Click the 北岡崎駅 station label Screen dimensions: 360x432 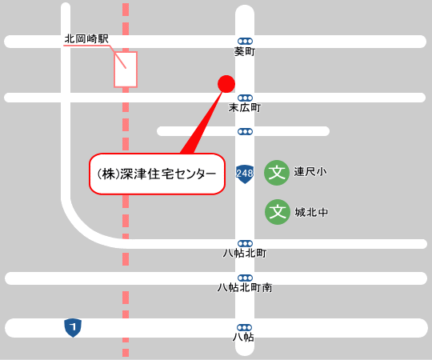[86, 38]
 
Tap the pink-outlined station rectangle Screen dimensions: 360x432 [126, 69]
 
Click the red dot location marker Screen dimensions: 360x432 [226, 83]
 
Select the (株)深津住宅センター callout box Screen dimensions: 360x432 [156, 174]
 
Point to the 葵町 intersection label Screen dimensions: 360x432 [244, 52]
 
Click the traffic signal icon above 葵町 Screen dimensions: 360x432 [245, 41]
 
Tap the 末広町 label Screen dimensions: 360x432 [245, 107]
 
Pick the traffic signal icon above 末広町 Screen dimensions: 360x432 [245, 97]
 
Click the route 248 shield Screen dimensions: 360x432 [245, 174]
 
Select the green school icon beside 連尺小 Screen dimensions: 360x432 [277, 172]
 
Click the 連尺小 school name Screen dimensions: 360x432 [310, 172]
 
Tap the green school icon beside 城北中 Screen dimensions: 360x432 [277, 212]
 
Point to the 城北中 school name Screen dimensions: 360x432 [312, 213]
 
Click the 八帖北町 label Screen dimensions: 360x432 [245, 254]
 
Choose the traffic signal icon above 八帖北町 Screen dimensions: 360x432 [245, 243]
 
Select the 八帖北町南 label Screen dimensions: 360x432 [245, 287]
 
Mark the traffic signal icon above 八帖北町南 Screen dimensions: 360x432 [245, 278]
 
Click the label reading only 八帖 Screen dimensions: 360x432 [244, 338]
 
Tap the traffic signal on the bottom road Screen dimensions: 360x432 [245, 327]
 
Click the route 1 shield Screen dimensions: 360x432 [73, 327]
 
